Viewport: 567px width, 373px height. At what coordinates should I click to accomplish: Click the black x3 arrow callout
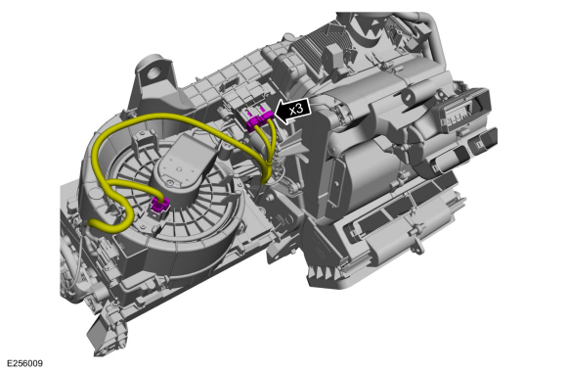(293, 110)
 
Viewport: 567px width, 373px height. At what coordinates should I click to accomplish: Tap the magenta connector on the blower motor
(160, 205)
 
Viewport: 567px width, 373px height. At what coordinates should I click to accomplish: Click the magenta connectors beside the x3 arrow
(260, 119)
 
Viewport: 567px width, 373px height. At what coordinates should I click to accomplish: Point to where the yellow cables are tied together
(268, 165)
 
